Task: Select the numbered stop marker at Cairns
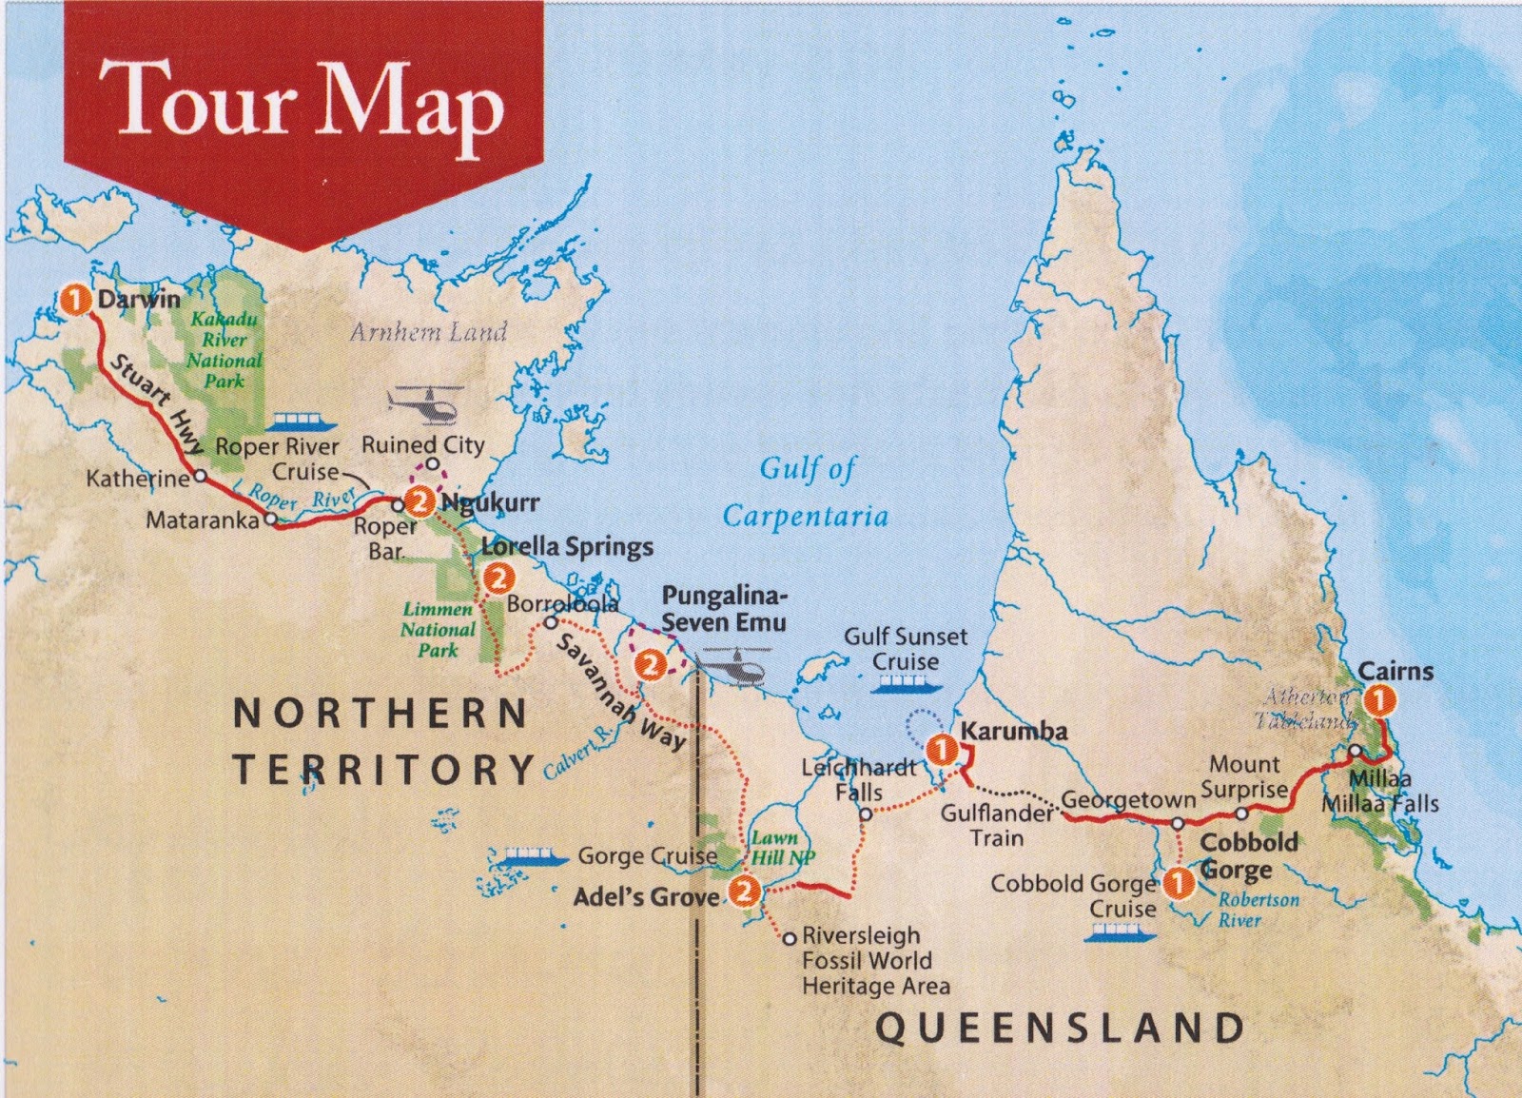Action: coord(1378,700)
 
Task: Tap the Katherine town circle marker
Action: coord(201,477)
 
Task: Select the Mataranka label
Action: coord(203,521)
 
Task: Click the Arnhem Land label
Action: coord(428,332)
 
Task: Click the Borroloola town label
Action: coord(562,603)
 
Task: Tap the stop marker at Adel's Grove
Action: coord(743,892)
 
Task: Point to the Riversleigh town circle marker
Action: coord(790,939)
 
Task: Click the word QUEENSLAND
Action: coord(1060,1029)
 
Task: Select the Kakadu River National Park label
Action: coord(224,350)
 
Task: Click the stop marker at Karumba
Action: coord(941,750)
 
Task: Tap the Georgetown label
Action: coord(1128,799)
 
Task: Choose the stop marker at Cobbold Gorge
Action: coord(1179,882)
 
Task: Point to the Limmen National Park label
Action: coord(438,630)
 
